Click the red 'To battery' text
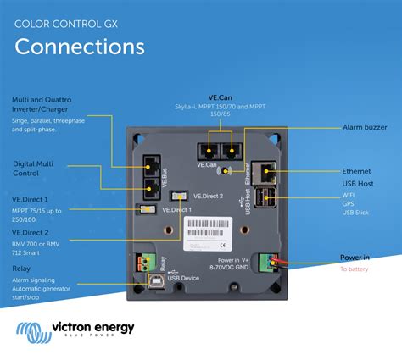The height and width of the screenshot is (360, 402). [355, 269]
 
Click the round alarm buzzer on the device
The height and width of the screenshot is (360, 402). [226, 170]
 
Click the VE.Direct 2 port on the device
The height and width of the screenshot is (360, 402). [180, 196]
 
